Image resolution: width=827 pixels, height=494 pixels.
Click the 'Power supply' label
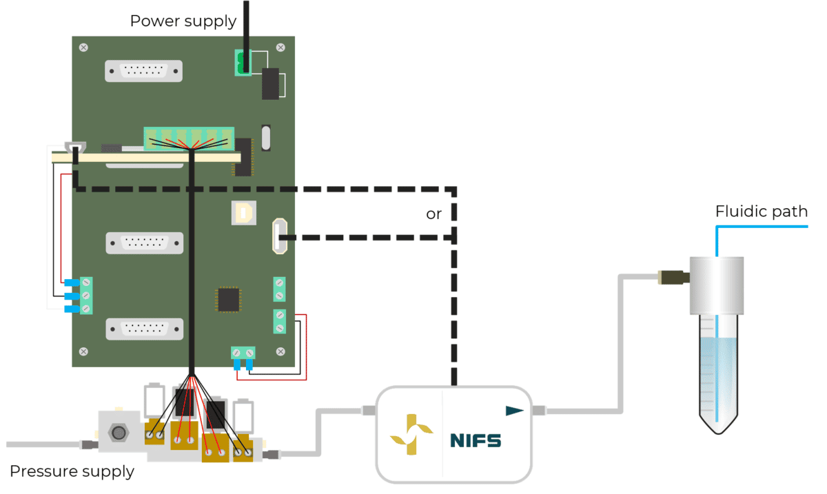point(183,21)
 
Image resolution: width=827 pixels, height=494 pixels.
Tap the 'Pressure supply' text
point(72,472)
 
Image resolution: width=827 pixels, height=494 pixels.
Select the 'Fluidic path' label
point(761,211)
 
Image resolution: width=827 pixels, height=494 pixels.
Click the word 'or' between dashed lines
point(433,214)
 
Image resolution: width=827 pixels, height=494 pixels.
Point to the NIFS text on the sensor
point(476,440)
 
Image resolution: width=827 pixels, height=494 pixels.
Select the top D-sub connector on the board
point(144,71)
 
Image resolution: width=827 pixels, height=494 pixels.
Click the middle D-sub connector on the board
point(145,243)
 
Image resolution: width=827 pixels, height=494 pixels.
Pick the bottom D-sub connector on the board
point(145,329)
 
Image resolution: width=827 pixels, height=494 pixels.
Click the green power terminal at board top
point(242,63)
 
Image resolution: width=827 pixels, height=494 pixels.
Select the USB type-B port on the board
point(243,213)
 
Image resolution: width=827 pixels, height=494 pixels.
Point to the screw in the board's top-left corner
point(83,48)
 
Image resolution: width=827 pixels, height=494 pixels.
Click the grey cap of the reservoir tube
point(717,285)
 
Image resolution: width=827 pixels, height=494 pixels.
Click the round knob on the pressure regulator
point(119,433)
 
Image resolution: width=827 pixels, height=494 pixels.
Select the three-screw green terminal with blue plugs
point(85,296)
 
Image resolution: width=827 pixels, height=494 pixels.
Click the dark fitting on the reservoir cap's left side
point(672,278)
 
